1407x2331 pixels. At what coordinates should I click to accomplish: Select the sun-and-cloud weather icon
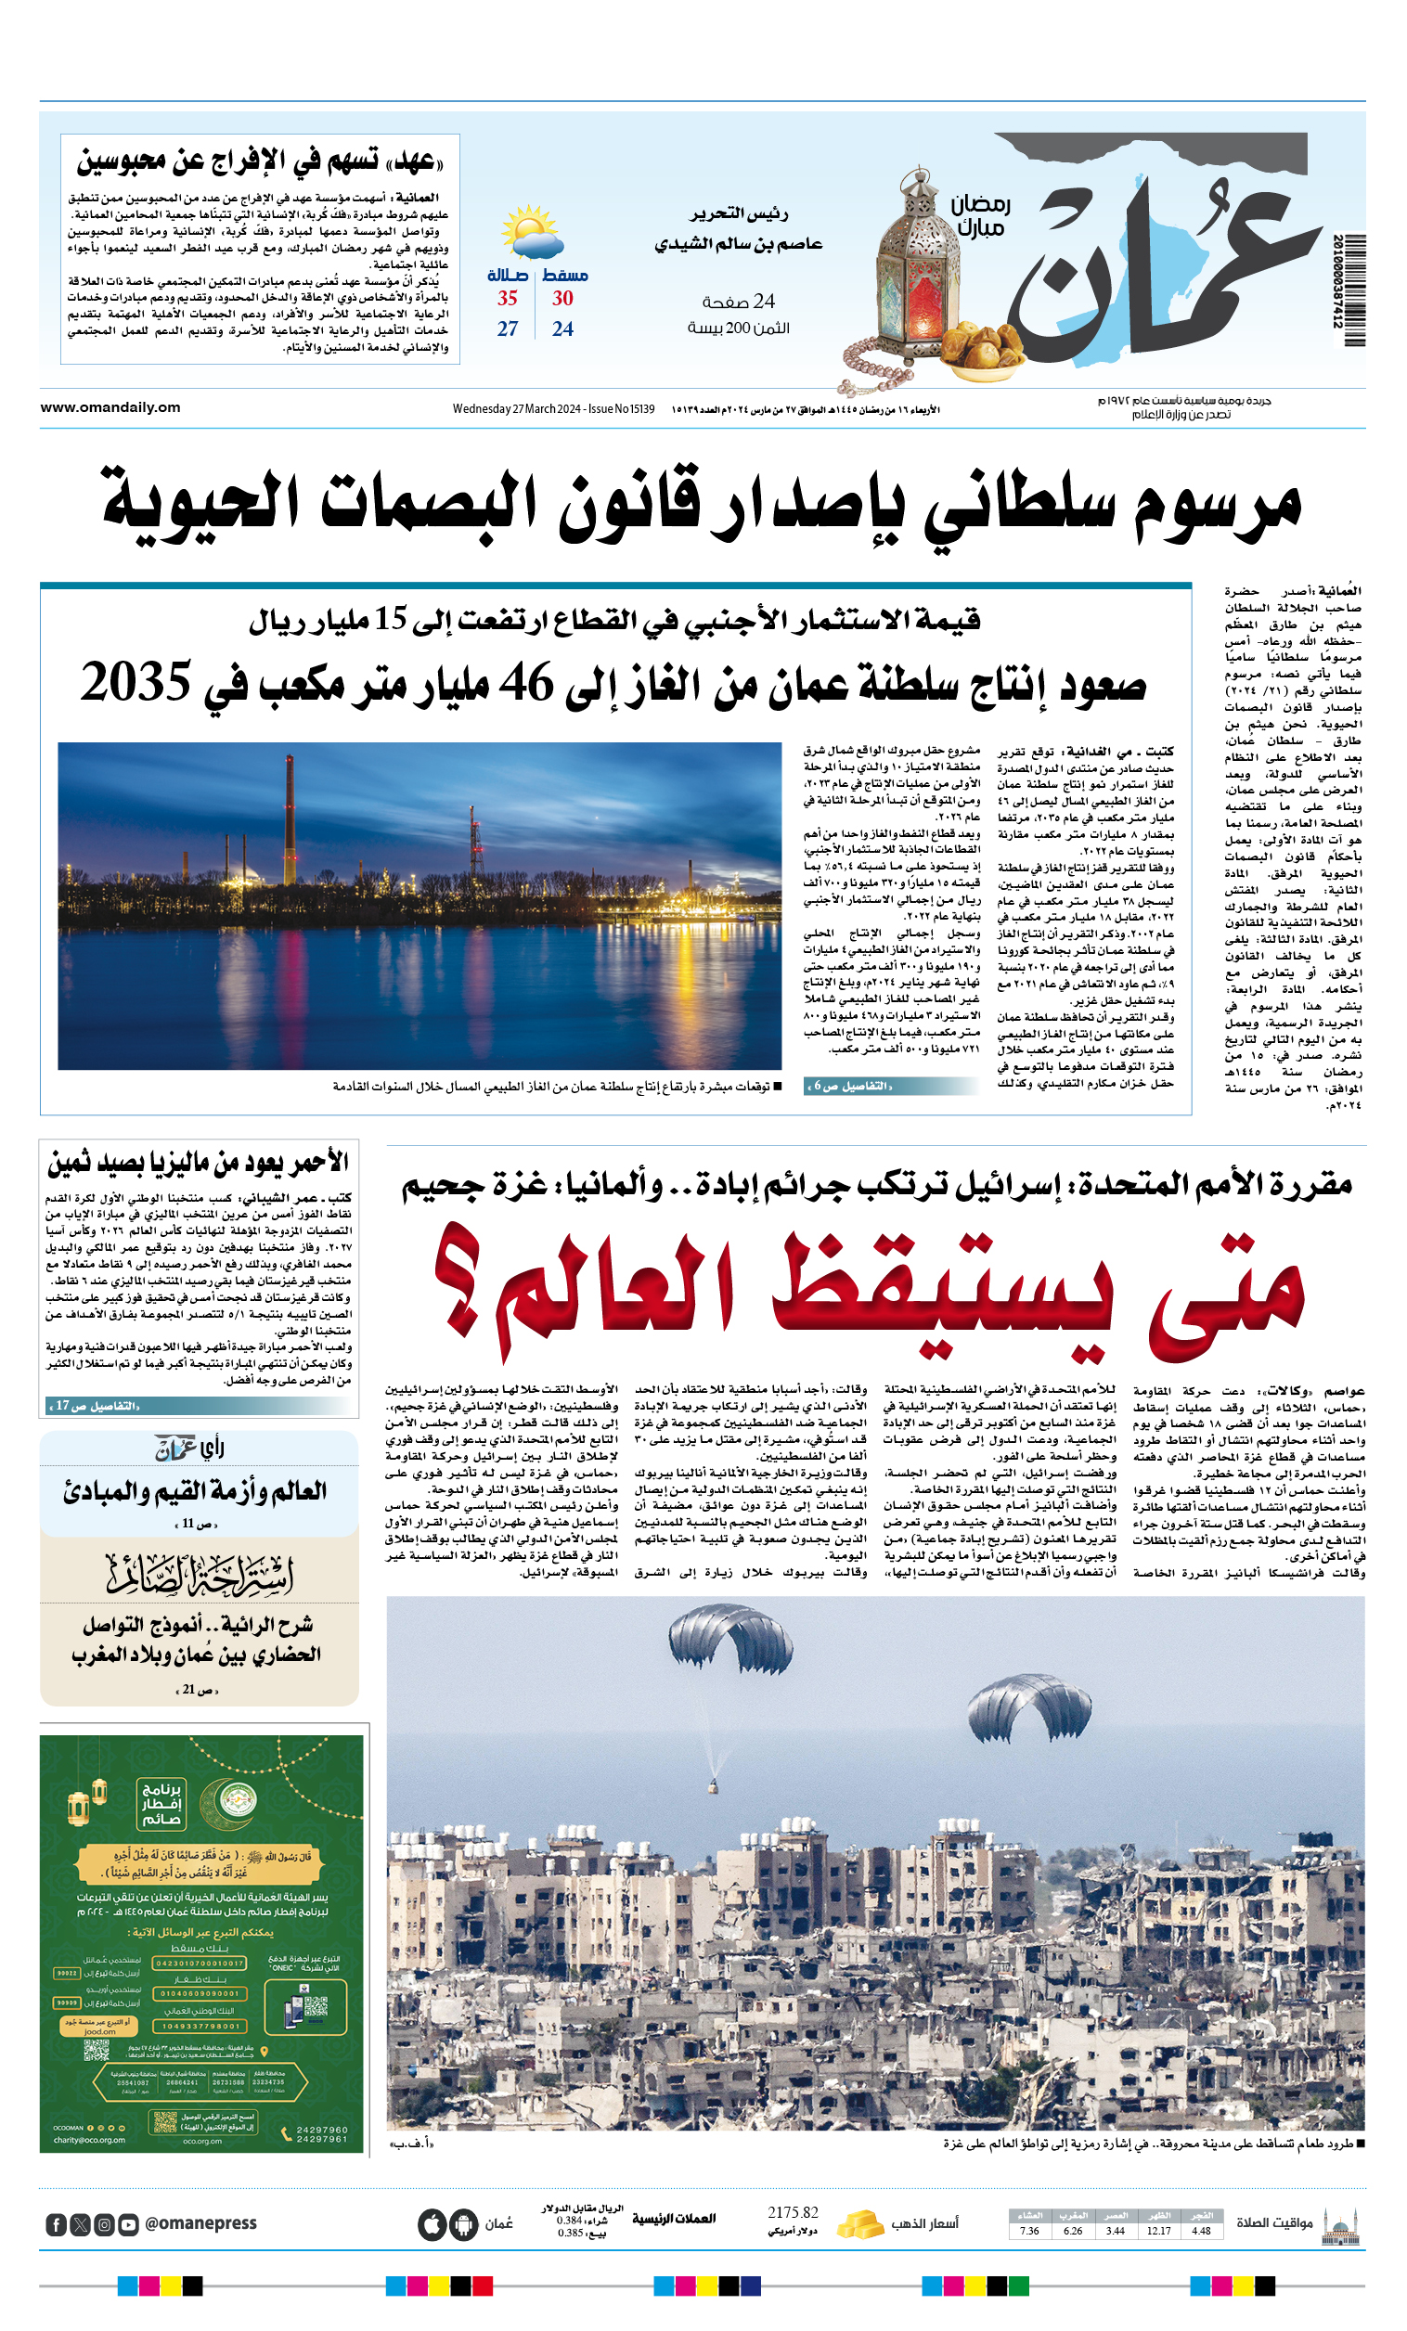pyautogui.click(x=531, y=235)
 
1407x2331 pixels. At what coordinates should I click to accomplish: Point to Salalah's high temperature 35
pyautogui.click(x=508, y=299)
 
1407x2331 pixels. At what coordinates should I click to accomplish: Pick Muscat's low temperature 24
pyautogui.click(x=563, y=329)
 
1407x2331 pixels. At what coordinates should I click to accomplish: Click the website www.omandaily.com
pyautogui.click(x=110, y=407)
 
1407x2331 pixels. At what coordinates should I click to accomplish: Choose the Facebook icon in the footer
pyautogui.click(x=57, y=2224)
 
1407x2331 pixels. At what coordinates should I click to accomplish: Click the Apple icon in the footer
pyautogui.click(x=432, y=2225)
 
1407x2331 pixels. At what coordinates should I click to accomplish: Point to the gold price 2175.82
pyautogui.click(x=793, y=2213)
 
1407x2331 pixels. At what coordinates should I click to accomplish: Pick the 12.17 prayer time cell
pyautogui.click(x=1158, y=2231)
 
